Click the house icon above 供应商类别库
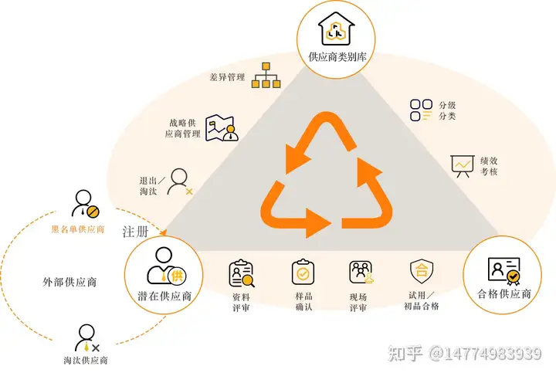tap(335, 29)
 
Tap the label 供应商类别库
tap(335, 57)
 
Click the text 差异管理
tap(227, 78)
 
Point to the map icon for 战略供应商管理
tap(224, 127)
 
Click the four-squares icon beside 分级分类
tap(422, 110)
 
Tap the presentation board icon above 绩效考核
tap(462, 166)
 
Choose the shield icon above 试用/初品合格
tap(422, 271)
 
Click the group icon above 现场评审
tap(361, 272)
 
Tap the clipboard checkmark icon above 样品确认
tap(302, 272)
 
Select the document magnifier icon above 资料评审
tap(241, 273)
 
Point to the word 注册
tap(134, 232)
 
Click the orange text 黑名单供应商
tap(77, 229)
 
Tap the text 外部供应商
tap(69, 282)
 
